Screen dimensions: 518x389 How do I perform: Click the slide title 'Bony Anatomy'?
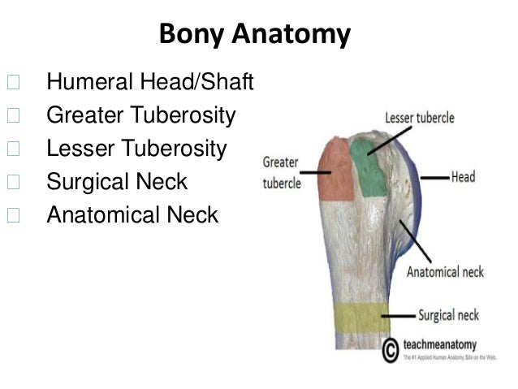click(x=255, y=34)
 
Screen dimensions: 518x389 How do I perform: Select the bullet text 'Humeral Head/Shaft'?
click(x=151, y=82)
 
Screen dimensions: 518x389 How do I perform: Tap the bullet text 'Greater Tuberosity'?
click(x=141, y=115)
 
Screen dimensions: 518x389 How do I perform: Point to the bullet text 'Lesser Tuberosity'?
click(x=137, y=149)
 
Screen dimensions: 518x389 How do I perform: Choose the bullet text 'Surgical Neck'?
click(x=117, y=182)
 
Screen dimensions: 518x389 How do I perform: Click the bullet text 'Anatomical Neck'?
click(x=132, y=215)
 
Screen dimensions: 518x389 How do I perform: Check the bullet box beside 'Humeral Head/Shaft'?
click(x=12, y=82)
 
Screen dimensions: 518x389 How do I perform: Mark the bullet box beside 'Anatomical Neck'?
click(x=12, y=215)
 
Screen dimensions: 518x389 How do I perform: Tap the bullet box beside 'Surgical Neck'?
click(x=12, y=182)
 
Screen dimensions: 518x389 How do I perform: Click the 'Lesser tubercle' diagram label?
click(x=419, y=118)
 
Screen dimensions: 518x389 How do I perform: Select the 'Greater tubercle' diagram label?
click(x=281, y=172)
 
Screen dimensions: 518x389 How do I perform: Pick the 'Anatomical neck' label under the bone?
click(x=444, y=271)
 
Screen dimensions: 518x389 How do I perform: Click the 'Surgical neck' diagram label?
click(x=449, y=314)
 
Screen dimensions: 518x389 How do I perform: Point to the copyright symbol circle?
click(x=391, y=350)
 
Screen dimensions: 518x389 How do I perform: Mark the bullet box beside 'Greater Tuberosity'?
click(x=12, y=115)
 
